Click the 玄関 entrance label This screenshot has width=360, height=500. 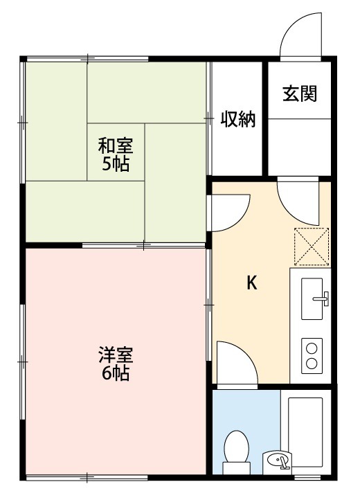299,94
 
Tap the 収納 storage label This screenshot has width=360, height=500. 238,119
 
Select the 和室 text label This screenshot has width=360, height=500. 115,146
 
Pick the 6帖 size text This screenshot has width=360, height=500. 115,374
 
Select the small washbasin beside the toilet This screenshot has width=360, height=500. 278,461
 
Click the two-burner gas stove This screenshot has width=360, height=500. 313,355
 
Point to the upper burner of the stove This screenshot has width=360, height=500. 313,347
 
